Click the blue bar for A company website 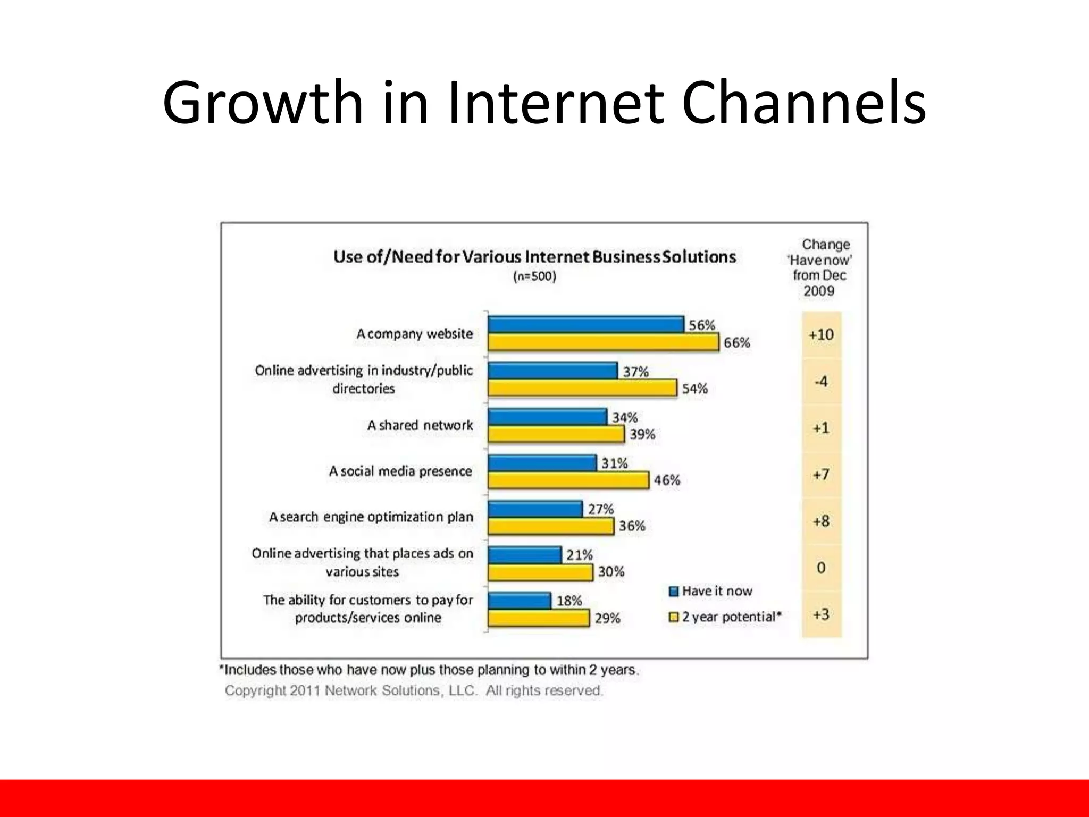point(585,324)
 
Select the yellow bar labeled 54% point(582,388)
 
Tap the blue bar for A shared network point(547,416)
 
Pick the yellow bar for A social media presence point(568,480)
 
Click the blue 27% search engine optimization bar point(535,509)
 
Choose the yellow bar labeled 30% point(540,572)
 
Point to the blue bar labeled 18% point(519,601)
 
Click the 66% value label point(736,343)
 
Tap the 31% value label point(614,463)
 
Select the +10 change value point(821,335)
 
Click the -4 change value point(821,381)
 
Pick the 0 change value point(821,568)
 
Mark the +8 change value point(821,521)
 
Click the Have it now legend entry point(710,591)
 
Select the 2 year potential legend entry point(725,617)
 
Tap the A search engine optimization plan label point(371,517)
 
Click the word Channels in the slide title point(803,102)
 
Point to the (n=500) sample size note point(534,277)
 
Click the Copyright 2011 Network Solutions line point(413,690)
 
